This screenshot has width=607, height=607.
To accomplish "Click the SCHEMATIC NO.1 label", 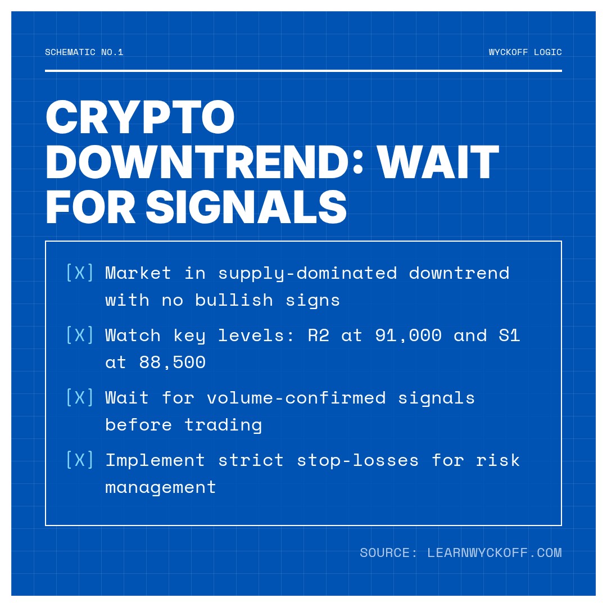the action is [84, 52].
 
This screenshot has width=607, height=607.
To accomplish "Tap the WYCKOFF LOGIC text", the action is [525, 52].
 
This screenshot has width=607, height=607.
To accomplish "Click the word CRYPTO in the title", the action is [140, 117].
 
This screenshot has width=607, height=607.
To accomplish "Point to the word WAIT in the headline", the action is [438, 162].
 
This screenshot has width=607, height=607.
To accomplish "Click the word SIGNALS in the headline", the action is [246, 207].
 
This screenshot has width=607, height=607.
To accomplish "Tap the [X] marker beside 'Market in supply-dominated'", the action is [80, 273].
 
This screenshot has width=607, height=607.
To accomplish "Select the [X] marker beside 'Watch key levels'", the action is [80, 335].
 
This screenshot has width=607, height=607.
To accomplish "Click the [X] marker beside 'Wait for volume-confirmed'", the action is [80, 397].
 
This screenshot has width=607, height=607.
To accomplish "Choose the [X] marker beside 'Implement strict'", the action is [80, 460].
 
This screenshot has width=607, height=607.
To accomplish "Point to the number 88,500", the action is [173, 363].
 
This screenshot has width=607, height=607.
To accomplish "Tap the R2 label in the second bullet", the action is [319, 335].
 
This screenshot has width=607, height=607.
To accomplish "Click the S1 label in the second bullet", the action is [509, 335].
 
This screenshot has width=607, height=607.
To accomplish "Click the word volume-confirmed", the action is [297, 397].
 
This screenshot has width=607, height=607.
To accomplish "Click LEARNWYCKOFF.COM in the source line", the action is [495, 553].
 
